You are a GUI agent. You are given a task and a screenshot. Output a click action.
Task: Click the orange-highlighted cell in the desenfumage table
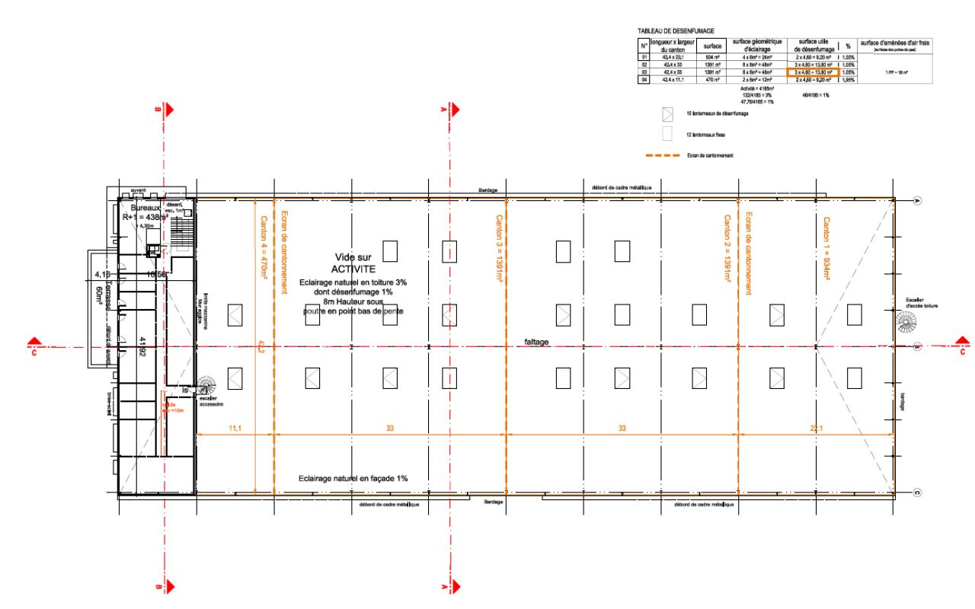point(813,72)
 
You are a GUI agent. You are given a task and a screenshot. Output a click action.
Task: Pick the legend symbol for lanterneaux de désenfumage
point(668,114)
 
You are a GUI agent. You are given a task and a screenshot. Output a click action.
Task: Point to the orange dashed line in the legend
point(662,155)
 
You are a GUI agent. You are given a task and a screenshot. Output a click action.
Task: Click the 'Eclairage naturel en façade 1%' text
point(353,479)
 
